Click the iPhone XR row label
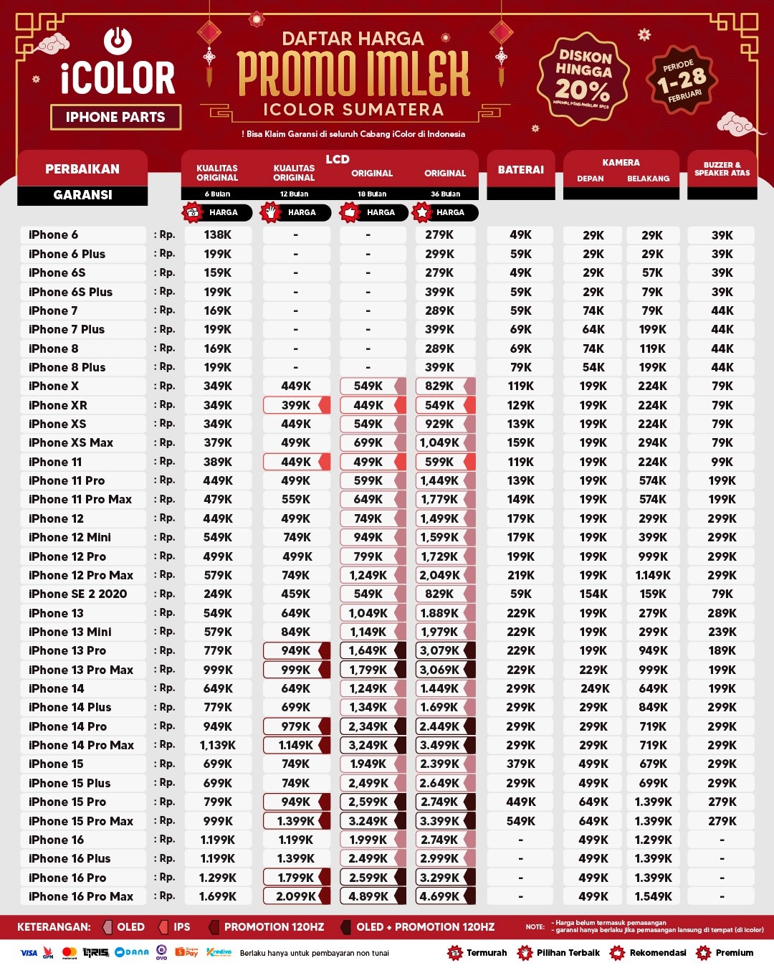58,405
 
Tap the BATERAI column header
521,170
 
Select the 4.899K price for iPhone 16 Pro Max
368,896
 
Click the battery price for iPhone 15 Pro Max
521,821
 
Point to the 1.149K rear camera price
653,575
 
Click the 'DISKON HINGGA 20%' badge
583,77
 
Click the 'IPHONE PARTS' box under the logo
115,117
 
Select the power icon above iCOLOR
118,40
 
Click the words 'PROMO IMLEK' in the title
354,74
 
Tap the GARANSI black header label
82,195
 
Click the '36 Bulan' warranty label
445,194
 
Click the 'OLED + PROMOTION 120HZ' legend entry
425,927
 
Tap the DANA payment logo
133,952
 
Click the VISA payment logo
29,953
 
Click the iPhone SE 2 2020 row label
78,594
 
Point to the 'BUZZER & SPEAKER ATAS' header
722,169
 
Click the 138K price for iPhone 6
218,234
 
